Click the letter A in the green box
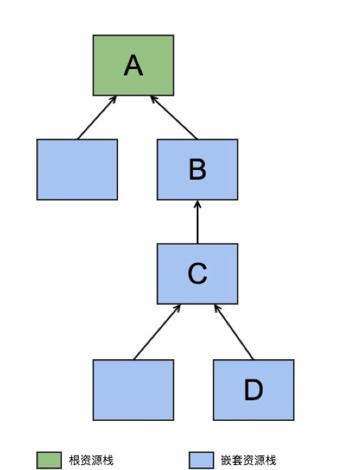[x=133, y=65]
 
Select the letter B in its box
[x=197, y=169]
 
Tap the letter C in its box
[x=197, y=273]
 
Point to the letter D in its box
[x=253, y=390]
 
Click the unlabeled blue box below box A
[x=77, y=169]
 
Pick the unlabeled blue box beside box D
[x=133, y=390]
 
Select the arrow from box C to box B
[x=197, y=222]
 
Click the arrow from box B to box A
[x=174, y=117]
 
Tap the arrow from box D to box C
[x=234, y=332]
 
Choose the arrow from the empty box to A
[x=97, y=117]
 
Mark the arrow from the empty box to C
[x=157, y=332]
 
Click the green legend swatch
[x=49, y=460]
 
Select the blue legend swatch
[x=201, y=460]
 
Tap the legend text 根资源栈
[x=91, y=460]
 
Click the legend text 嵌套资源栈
[x=249, y=460]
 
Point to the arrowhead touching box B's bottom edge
[x=197, y=204]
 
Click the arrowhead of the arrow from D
[x=217, y=308]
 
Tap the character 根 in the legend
[x=75, y=460]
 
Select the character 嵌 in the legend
[x=226, y=460]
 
